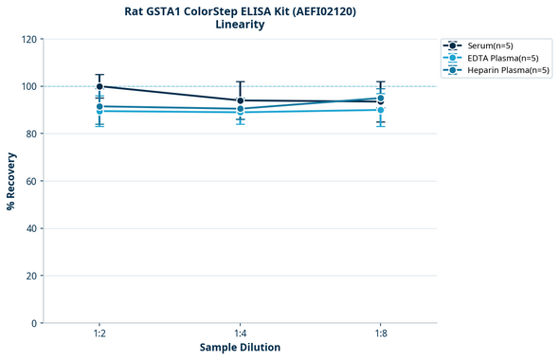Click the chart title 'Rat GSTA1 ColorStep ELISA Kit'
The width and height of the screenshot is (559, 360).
click(240, 11)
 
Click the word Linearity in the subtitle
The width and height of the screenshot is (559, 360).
click(240, 25)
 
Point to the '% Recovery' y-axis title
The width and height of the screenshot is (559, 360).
click(11, 181)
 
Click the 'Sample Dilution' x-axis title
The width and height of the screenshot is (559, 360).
click(240, 347)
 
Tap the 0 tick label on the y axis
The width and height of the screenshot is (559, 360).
click(33, 323)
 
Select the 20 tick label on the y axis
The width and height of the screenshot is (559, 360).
click(30, 276)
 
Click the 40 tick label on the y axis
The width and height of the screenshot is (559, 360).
click(30, 228)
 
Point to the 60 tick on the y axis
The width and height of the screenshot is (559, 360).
click(30, 181)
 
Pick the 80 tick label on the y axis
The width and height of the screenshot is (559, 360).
click(30, 134)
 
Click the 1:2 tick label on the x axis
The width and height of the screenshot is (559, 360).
click(99, 333)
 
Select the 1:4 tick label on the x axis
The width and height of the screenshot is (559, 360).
click(240, 333)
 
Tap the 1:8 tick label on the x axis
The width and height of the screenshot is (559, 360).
click(380, 333)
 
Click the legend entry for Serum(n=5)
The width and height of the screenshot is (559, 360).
click(491, 45)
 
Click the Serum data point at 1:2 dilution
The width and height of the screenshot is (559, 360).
click(99, 86)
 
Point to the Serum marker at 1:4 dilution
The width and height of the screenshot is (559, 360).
click(240, 100)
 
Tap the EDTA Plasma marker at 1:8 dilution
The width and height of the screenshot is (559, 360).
click(380, 110)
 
